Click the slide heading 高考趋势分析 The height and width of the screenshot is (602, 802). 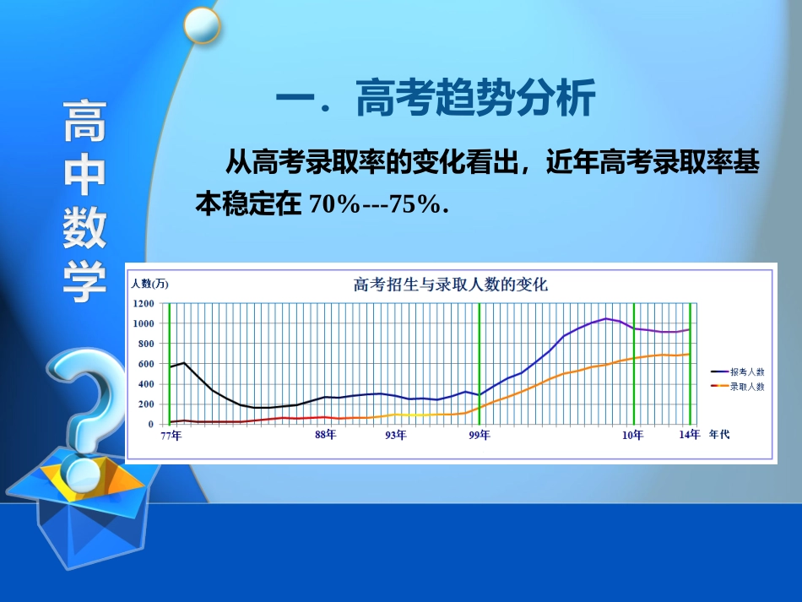pos(475,100)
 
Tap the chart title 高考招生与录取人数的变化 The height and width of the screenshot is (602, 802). pos(450,285)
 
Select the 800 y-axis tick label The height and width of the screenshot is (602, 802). pos(145,344)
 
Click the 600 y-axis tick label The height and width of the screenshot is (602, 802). pos(145,364)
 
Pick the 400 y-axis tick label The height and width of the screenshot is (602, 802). pos(145,384)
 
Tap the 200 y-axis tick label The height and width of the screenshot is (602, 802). pos(145,404)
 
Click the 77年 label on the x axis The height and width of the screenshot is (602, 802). pos(171,436)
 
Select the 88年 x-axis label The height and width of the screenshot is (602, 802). pos(325,436)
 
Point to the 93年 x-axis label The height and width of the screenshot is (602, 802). pos(396,436)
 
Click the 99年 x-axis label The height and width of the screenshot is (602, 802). pos(480,436)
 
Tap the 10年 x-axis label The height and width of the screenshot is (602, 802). pos(633,436)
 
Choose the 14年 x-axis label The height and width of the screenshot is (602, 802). pos(690,436)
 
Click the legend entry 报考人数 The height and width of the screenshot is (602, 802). pos(747,372)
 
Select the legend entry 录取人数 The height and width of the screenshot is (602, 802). pos(747,387)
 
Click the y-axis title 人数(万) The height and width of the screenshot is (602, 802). pos(150,283)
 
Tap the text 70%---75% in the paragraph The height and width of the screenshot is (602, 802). pos(377,204)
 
